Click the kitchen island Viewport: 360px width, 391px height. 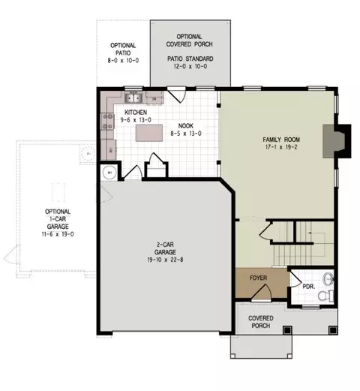(149, 133)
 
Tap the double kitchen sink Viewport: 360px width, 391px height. (133, 98)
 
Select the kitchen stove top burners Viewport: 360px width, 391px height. (107, 122)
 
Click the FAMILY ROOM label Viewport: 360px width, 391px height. (281, 140)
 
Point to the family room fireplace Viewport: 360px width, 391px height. (337, 141)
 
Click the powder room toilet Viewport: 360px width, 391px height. (325, 296)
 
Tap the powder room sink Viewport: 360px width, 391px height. (328, 279)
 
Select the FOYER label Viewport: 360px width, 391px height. (258, 278)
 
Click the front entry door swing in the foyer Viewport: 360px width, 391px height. (262, 292)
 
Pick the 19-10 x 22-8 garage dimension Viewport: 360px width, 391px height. (165, 260)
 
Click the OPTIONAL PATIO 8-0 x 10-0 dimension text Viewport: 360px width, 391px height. (123, 61)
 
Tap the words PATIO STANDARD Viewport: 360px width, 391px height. (190, 59)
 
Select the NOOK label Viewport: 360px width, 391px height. (186, 126)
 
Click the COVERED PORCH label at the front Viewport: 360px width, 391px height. (261, 322)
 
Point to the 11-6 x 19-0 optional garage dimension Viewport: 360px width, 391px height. (58, 234)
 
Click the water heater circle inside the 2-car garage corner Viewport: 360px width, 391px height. (109, 173)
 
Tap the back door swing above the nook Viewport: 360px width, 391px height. (177, 95)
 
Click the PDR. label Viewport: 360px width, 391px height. (309, 287)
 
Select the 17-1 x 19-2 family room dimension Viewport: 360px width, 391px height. (281, 147)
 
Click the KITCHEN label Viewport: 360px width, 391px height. (136, 113)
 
